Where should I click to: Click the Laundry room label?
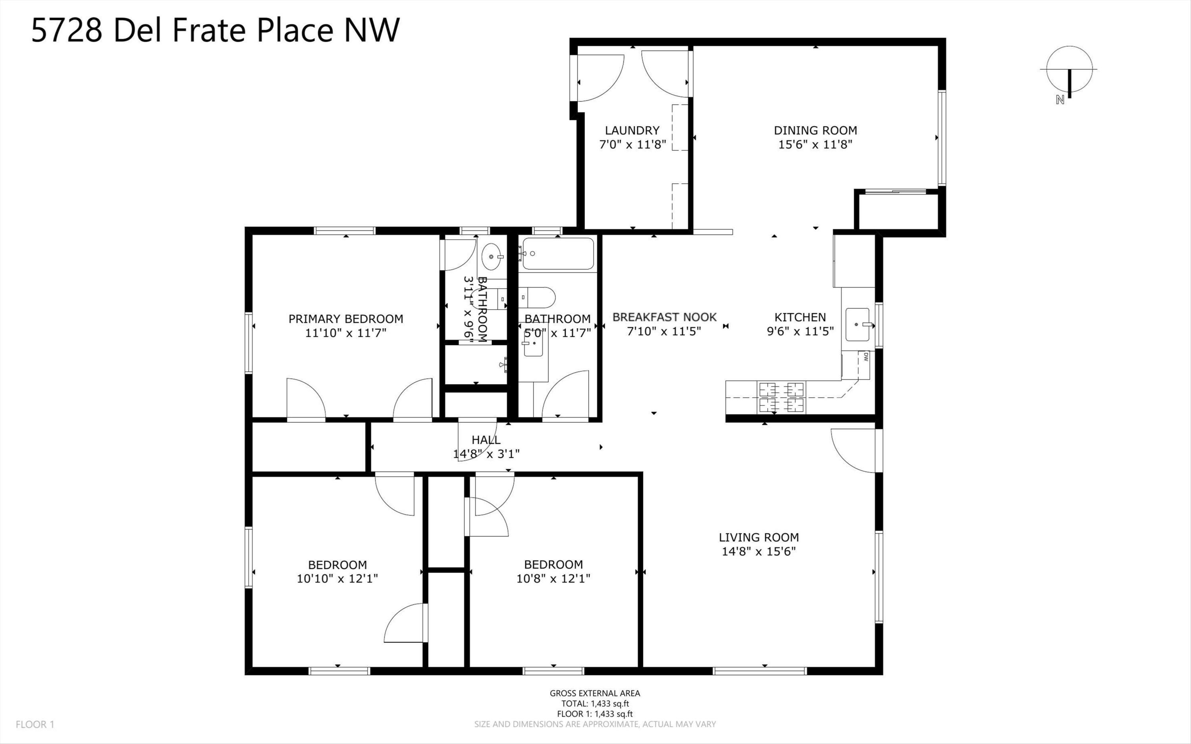click(632, 130)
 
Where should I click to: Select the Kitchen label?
click(800, 317)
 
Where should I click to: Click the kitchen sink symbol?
click(858, 324)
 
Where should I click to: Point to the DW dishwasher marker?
click(865, 358)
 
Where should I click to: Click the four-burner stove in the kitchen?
click(782, 397)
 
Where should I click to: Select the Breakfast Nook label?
click(664, 317)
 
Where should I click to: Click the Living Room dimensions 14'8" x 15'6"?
click(759, 551)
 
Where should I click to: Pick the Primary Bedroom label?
click(345, 319)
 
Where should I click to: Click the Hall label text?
click(486, 440)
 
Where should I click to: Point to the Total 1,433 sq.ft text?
click(595, 704)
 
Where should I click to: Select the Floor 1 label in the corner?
click(35, 724)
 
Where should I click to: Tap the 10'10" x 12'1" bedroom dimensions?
click(337, 579)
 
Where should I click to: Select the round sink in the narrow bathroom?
click(492, 256)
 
